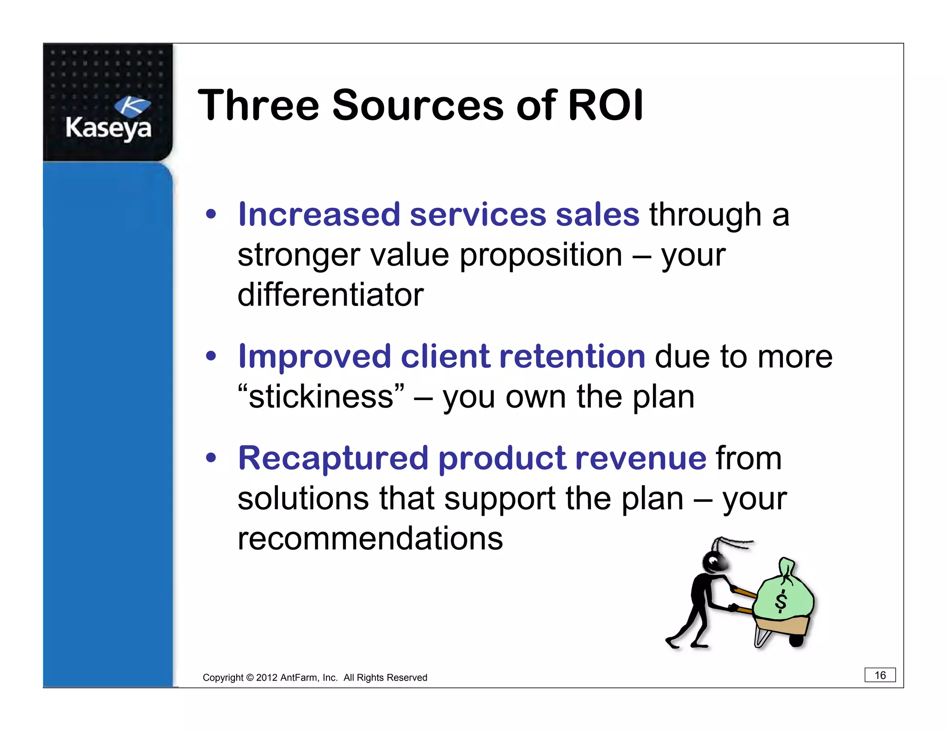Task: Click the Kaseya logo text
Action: [x=108, y=128]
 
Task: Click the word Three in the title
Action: [x=258, y=105]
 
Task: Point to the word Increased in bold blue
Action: [x=319, y=215]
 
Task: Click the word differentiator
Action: [x=330, y=295]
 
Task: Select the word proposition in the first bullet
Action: [x=541, y=255]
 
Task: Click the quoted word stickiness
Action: [x=321, y=397]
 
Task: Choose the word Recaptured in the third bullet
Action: [x=333, y=458]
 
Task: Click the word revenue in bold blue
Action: [x=640, y=458]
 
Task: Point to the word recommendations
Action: [x=370, y=539]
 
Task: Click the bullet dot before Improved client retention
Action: [x=211, y=356]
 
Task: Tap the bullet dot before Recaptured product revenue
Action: [x=211, y=458]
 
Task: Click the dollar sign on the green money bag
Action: [x=781, y=601]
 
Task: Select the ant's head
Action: [x=714, y=561]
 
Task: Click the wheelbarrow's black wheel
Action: [x=796, y=641]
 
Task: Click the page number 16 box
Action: [x=879, y=675]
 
